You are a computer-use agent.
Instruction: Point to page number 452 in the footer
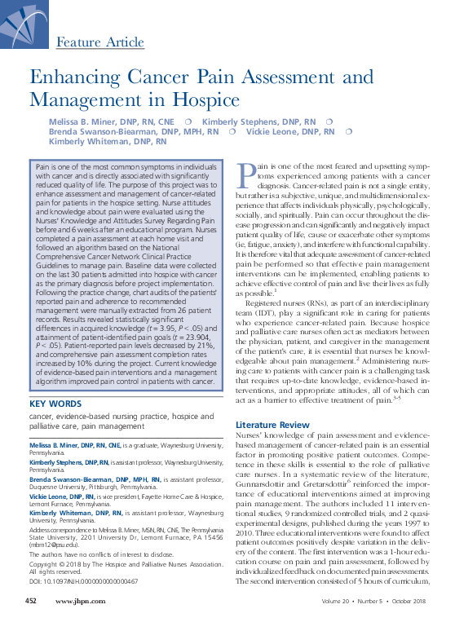(31, 624)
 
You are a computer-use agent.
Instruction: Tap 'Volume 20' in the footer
(334, 624)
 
